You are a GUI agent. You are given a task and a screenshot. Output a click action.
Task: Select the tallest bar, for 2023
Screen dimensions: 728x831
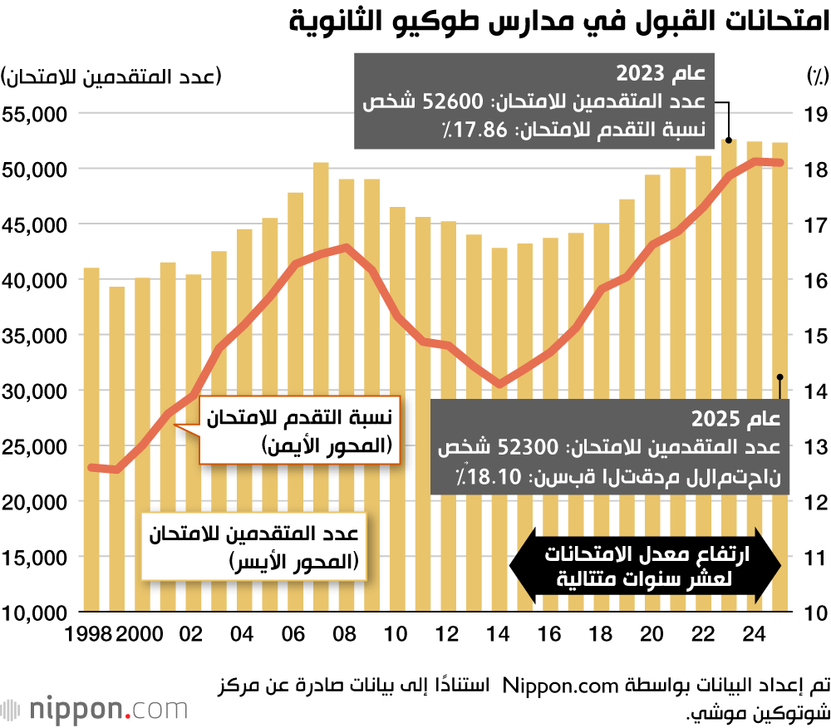pos(730,374)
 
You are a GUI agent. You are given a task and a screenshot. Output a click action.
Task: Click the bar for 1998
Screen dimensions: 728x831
pos(91,440)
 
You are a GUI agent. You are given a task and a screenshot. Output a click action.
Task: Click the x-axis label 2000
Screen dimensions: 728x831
pos(140,633)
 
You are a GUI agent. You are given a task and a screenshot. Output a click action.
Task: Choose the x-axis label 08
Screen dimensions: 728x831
pos(346,633)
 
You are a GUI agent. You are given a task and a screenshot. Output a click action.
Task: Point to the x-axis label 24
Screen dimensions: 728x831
pos(755,633)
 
